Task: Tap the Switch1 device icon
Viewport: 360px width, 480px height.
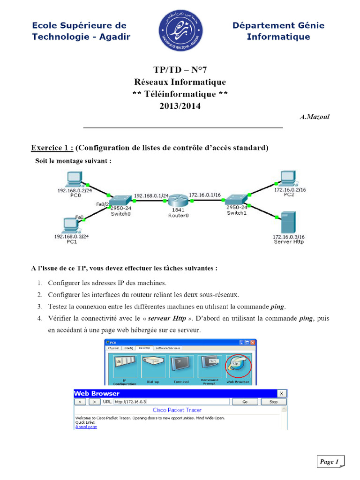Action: tap(237, 199)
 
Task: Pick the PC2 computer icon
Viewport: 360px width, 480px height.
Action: tap(287, 178)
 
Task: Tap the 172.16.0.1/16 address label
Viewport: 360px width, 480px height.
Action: tap(205, 195)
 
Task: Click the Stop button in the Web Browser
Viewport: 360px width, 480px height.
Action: tap(273, 402)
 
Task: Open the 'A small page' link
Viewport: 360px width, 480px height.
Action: tap(86, 427)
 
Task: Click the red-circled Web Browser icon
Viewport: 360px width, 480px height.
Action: tap(237, 366)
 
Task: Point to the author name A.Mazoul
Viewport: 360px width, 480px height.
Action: tap(315, 117)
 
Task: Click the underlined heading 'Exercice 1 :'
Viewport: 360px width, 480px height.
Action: tap(52, 148)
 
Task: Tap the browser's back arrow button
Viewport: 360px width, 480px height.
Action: tap(81, 402)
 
